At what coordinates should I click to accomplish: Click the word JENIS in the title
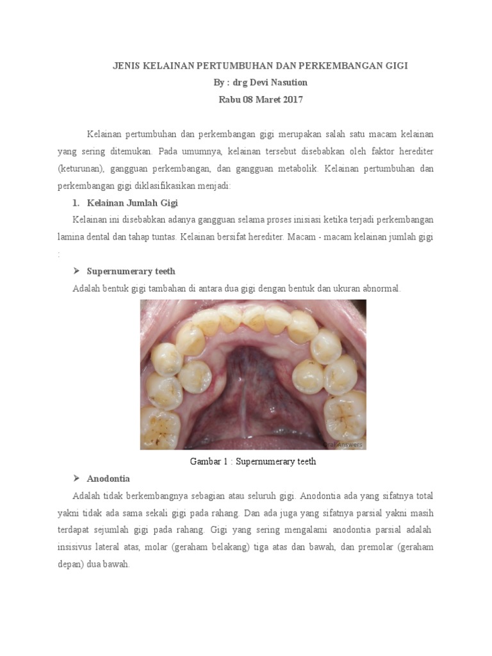125,66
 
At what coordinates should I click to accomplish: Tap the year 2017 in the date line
290,99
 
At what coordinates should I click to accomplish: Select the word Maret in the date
261,99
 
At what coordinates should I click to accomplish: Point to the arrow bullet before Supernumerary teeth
76,271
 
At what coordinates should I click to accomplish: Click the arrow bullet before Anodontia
76,479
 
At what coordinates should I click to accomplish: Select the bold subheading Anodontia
108,479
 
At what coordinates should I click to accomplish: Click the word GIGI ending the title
397,66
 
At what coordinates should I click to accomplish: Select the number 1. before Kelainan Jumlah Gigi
76,203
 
